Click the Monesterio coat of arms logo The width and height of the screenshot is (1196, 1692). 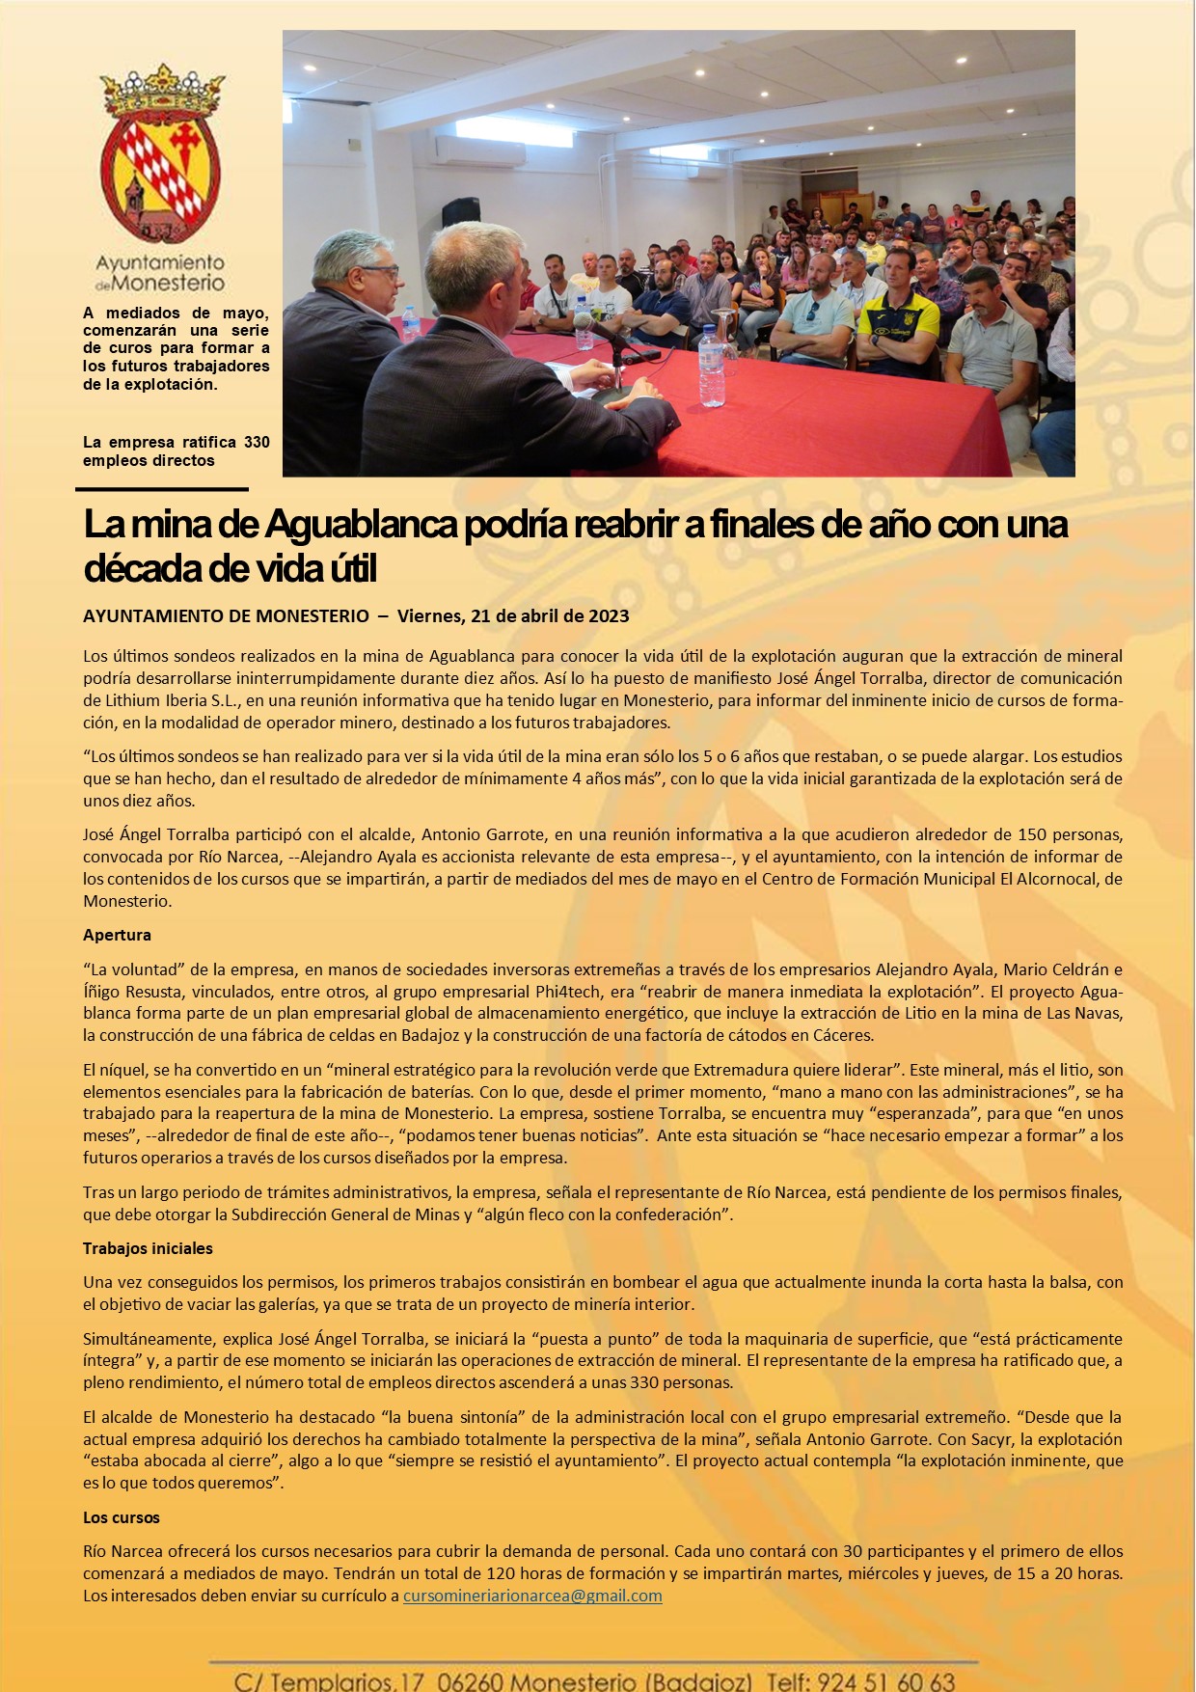[x=160, y=154]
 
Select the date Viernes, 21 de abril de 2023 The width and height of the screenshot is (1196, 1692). [x=513, y=616]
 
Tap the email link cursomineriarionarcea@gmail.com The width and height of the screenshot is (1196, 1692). [x=532, y=1596]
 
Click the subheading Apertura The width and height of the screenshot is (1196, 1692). [x=117, y=935]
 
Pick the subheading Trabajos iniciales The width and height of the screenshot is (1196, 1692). [x=148, y=1248]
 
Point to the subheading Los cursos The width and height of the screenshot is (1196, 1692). [x=122, y=1517]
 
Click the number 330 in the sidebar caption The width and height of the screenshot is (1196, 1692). [x=257, y=443]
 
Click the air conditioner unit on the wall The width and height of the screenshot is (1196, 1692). [x=479, y=150]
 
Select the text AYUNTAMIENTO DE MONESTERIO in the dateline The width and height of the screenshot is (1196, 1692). [x=226, y=616]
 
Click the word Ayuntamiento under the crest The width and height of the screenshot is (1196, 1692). [x=160, y=263]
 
